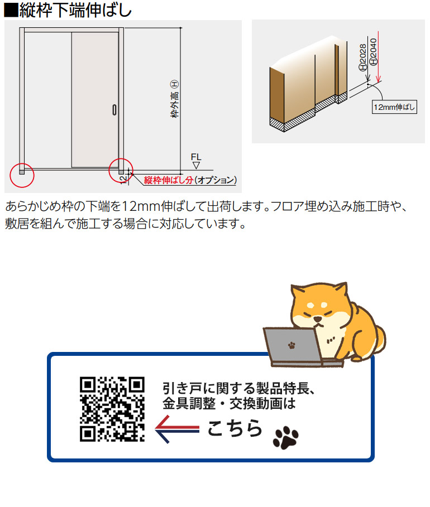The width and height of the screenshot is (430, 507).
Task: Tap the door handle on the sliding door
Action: pos(114,110)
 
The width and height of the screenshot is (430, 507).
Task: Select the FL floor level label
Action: pos(195,157)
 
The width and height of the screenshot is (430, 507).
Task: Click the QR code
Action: pos(112,409)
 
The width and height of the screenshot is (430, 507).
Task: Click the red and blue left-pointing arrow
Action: pos(176,428)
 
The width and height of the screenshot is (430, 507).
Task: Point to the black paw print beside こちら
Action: pos(285,438)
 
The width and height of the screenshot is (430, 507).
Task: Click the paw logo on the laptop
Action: pos(291,345)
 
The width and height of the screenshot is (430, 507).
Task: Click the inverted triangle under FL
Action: pos(195,166)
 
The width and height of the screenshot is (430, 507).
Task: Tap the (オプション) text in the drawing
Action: pos(214,180)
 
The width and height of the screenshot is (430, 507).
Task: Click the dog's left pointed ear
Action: pos(297,293)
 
